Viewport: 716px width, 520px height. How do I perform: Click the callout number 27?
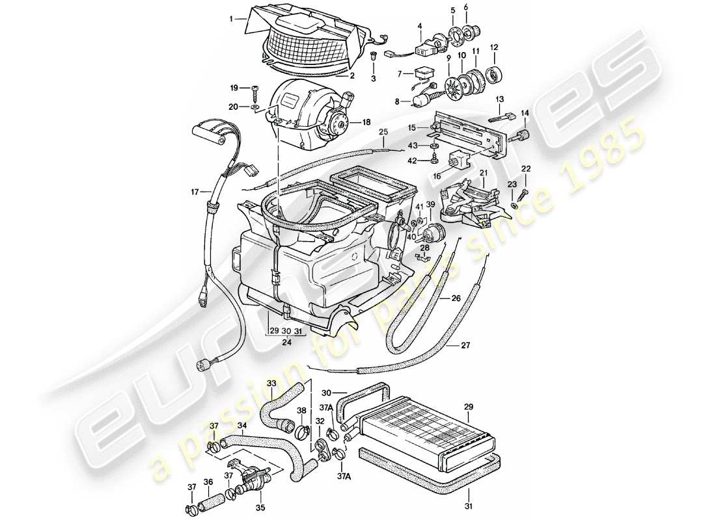[466, 345]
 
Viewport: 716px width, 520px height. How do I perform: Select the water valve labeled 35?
[251, 482]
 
